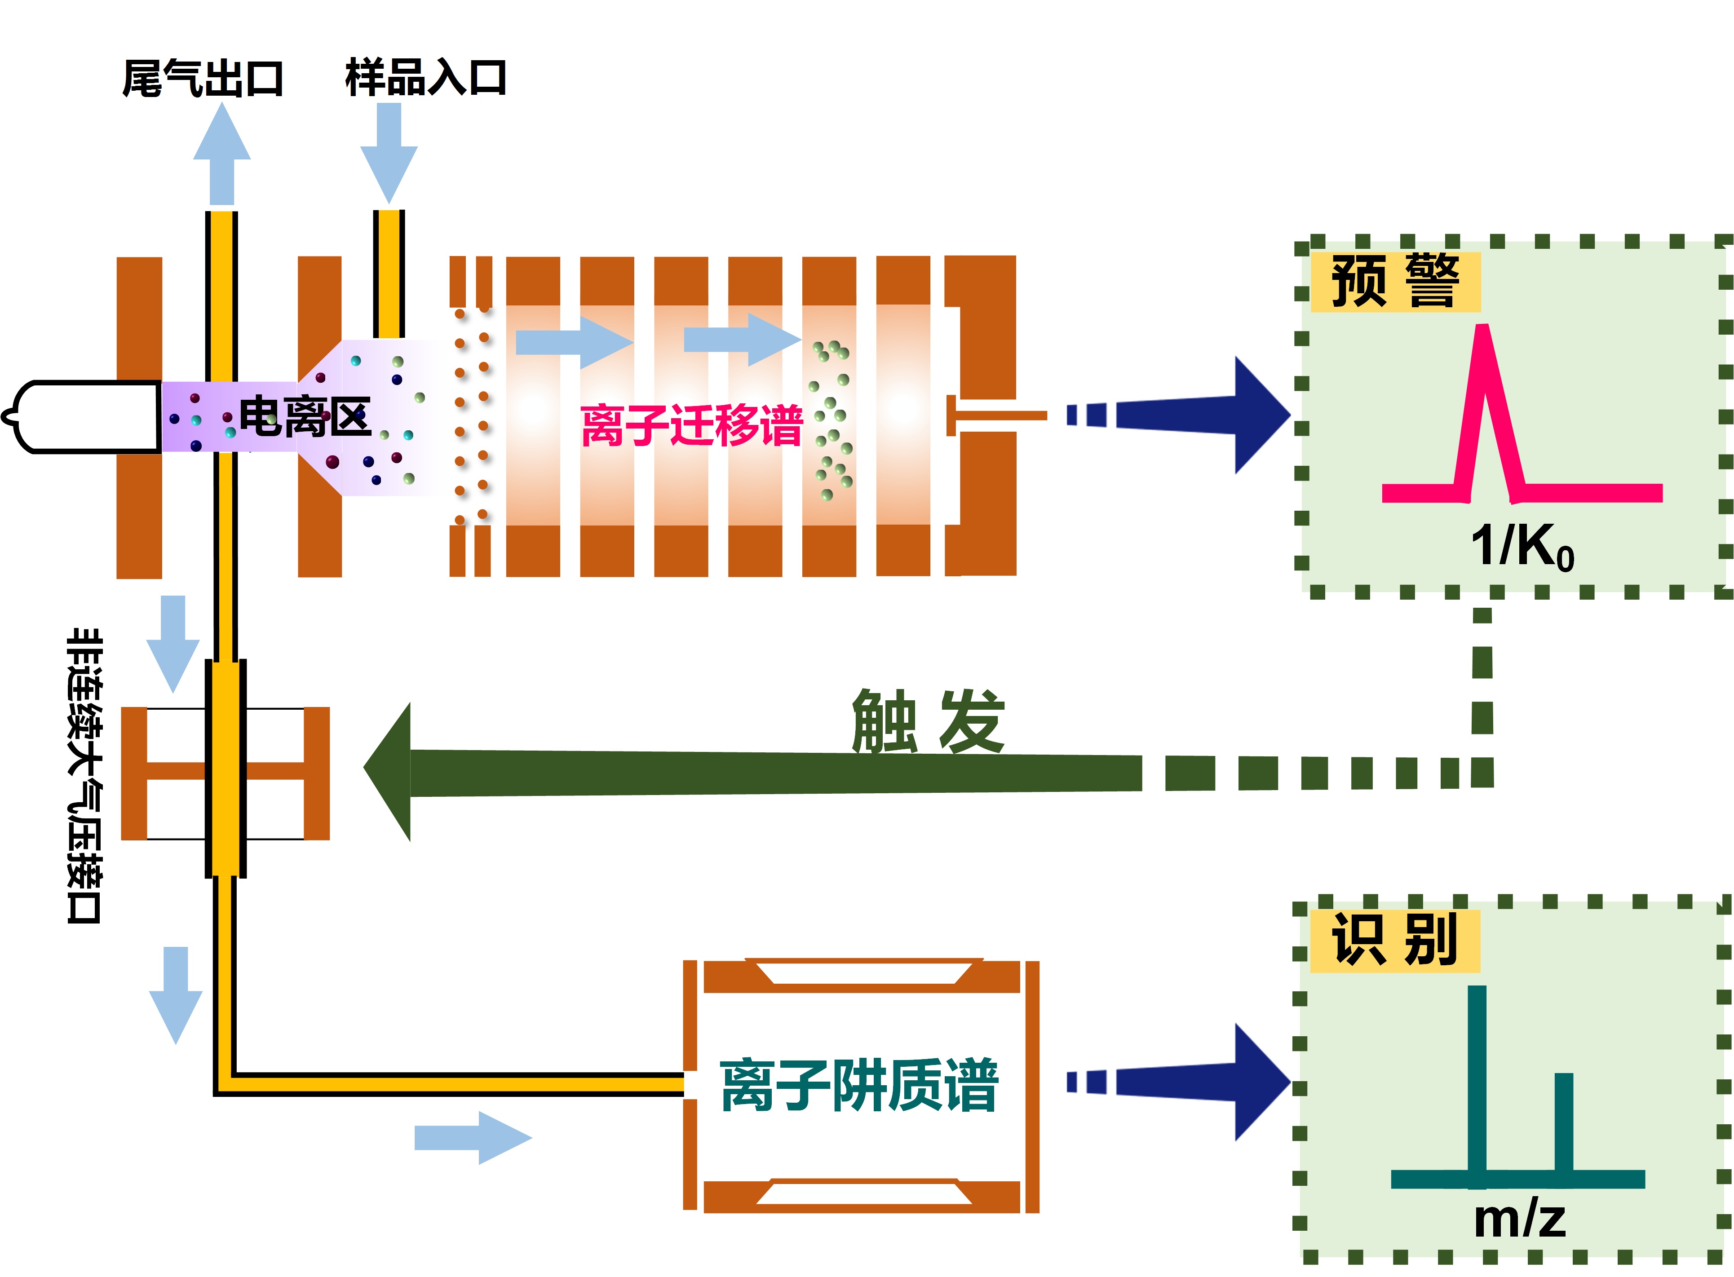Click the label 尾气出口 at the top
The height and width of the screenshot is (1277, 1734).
(203, 79)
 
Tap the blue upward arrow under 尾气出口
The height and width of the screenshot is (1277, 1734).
(222, 155)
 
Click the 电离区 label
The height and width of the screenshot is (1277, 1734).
(305, 417)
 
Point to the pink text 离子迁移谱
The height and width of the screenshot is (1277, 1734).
(692, 425)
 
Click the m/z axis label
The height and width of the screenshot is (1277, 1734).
(1519, 1220)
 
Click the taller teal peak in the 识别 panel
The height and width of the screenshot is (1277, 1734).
(1477, 1082)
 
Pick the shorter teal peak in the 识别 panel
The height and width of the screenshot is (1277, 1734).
(1563, 1125)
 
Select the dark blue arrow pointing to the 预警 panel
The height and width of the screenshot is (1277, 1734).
(1206, 415)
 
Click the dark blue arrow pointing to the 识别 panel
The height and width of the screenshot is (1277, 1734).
(1206, 1082)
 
